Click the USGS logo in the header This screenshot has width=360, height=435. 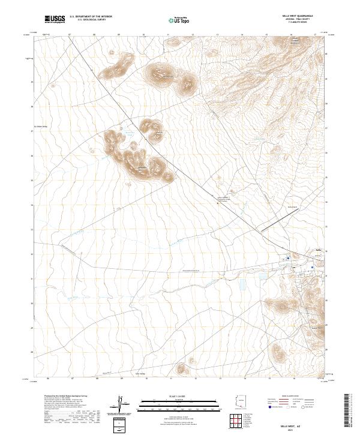55,19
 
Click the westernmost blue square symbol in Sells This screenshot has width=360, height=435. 288,259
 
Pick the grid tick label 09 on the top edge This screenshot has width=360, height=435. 119,34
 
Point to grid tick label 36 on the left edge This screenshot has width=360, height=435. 32,154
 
